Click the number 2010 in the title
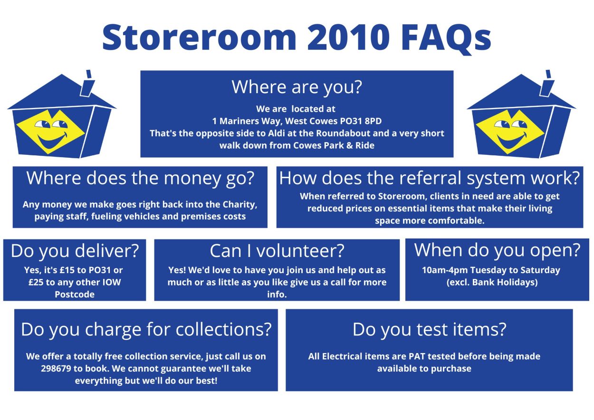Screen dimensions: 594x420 tap(348, 37)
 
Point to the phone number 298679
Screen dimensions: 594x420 tap(56, 369)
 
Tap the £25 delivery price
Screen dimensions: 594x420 tap(36, 282)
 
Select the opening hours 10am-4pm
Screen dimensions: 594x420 tap(444, 270)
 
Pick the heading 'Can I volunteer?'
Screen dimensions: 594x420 tap(277, 251)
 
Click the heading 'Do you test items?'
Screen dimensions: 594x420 tap(429, 330)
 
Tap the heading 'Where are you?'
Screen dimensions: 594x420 tap(297, 87)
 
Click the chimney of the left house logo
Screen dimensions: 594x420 tap(87, 84)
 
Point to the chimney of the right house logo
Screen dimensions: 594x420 tap(547, 84)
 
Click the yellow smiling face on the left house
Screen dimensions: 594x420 tap(50, 132)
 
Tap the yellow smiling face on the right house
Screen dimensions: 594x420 tap(510, 132)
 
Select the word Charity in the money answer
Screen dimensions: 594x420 tap(240, 205)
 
